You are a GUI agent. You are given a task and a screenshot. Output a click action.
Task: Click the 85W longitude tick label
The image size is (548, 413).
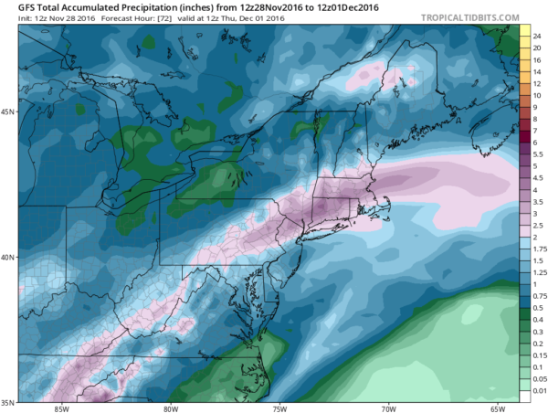click(62, 407)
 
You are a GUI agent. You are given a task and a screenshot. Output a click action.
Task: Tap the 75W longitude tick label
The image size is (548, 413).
click(280, 407)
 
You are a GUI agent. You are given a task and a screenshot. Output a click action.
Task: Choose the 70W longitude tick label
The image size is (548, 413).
click(389, 407)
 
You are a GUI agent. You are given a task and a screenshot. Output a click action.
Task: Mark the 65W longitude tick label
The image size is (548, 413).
click(498, 407)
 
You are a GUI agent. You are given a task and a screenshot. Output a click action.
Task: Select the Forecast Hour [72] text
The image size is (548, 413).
click(116, 18)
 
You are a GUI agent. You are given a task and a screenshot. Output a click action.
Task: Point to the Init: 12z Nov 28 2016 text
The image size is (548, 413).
click(45, 18)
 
